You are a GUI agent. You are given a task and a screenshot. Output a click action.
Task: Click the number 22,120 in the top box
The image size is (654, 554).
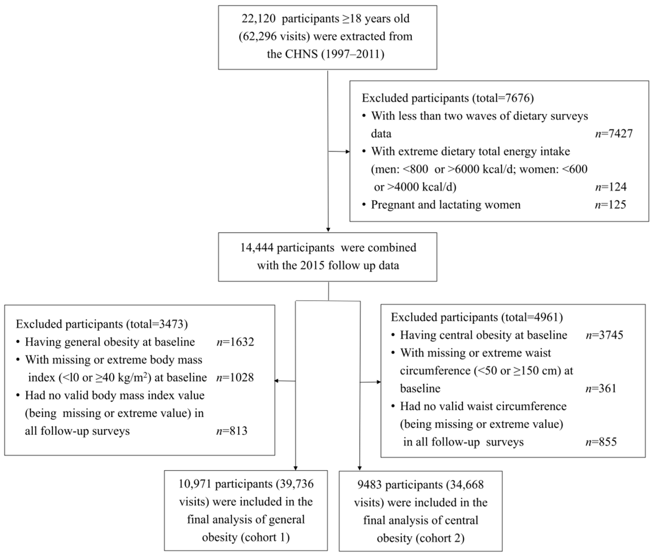(x=258, y=19)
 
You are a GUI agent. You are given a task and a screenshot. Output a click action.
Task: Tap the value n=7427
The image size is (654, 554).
(x=614, y=134)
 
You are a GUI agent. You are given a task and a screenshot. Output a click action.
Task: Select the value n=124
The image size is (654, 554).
(x=610, y=187)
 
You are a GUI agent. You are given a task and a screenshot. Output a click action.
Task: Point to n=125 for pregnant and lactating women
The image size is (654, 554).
(x=610, y=205)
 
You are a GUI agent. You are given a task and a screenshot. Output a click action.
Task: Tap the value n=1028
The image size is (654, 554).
(x=235, y=377)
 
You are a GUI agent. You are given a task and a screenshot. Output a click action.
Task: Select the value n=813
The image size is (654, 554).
(x=232, y=431)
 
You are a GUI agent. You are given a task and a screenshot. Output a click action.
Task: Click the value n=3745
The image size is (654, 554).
(x=604, y=335)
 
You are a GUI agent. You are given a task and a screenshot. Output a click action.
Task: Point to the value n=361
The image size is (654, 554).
(x=601, y=389)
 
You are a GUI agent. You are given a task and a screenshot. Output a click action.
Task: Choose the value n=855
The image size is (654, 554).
(x=601, y=442)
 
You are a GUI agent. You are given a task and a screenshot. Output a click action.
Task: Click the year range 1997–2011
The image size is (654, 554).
(x=353, y=54)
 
